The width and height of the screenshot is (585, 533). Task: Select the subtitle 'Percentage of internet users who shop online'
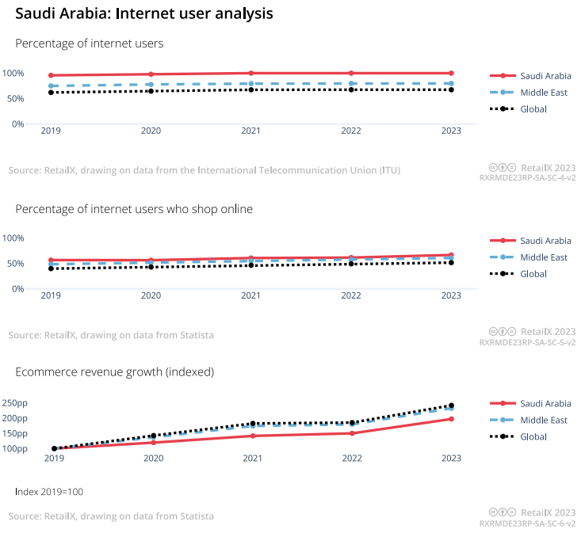pyautogui.click(x=134, y=209)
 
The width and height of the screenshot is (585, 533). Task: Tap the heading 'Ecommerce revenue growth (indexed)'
pyautogui.click(x=114, y=371)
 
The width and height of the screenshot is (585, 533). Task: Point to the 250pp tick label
pyautogui.click(x=15, y=403)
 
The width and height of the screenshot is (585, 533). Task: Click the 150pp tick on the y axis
pyautogui.click(x=15, y=434)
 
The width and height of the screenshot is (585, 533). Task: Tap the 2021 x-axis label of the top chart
pyautogui.click(x=250, y=131)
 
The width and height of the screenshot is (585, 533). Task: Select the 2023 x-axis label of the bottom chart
pyautogui.click(x=451, y=458)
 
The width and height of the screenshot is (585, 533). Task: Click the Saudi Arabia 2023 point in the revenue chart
pyautogui.click(x=451, y=419)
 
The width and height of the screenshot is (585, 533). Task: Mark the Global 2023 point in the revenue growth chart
pyautogui.click(x=451, y=405)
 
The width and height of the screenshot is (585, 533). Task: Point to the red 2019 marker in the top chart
pyautogui.click(x=51, y=75)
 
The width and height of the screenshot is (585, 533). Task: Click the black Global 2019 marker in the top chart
pyautogui.click(x=51, y=93)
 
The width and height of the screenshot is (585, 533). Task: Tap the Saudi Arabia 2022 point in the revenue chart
pyautogui.click(x=351, y=433)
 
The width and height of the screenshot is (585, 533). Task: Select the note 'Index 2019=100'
pyautogui.click(x=49, y=492)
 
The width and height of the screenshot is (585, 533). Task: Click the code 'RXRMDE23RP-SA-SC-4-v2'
pyautogui.click(x=527, y=178)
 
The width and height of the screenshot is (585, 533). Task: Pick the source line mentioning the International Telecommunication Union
pyautogui.click(x=205, y=170)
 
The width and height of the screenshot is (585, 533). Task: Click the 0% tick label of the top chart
pyautogui.click(x=17, y=124)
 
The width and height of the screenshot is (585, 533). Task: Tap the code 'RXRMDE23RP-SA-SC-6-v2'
pyautogui.click(x=527, y=523)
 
